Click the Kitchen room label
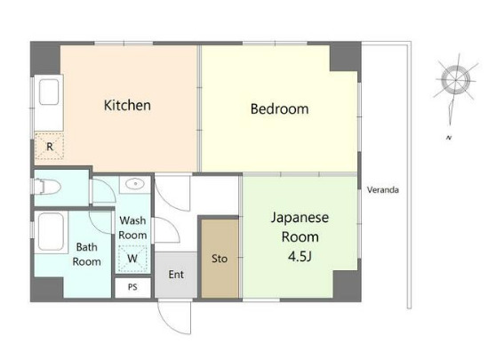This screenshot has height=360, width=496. pos(127,106)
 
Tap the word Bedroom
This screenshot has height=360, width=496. pos(280,108)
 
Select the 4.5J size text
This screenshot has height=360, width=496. pos(300,257)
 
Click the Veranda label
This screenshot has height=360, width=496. pos(383,190)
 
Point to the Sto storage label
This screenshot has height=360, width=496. pos(220,259)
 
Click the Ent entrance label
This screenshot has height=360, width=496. pos(176,275)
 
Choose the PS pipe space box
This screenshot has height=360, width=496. pos(132,287)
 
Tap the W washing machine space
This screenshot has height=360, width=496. pos(132,259)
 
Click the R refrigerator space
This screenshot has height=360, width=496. pos(50,146)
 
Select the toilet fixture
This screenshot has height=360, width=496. pos(47,187)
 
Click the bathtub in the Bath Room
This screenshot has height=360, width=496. pos(51,232)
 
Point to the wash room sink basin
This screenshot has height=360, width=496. pos(135,183)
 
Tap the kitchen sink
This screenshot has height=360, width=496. pos(49,92)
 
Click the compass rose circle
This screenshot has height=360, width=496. pos(455,80)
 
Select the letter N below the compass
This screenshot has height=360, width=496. pos(449,138)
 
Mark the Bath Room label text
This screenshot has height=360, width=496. pos(87,254)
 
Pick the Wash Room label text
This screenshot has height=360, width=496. pos(132,228)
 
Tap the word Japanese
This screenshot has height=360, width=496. pos(300,219)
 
